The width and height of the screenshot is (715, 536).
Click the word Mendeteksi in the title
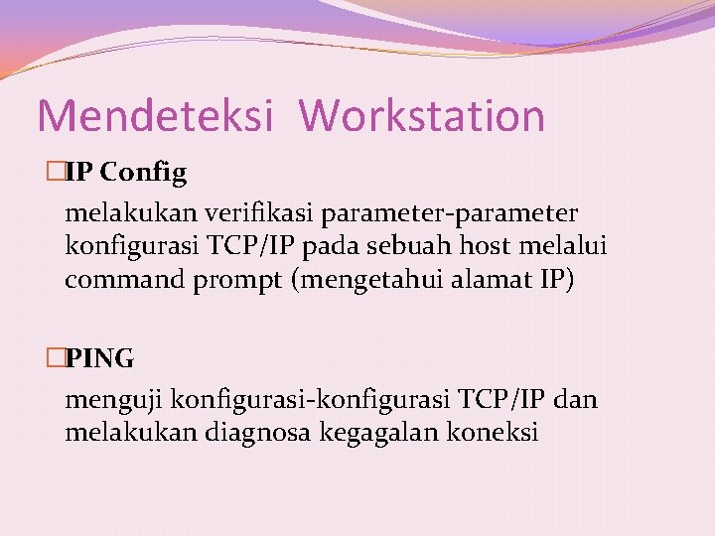(154, 116)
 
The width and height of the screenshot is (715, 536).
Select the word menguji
(114, 401)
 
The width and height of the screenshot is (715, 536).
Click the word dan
(576, 400)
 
